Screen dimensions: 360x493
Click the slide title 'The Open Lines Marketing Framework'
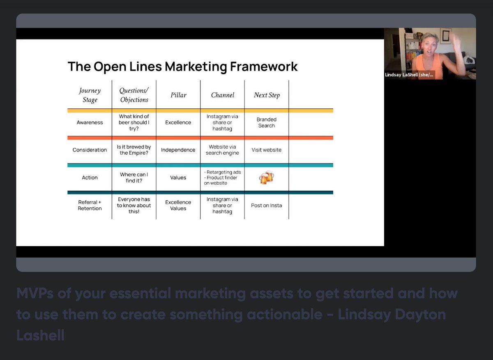[x=182, y=66]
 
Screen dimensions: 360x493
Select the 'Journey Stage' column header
[x=90, y=95]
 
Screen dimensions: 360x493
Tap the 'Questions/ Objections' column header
[x=134, y=95]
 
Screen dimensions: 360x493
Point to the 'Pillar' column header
[x=178, y=95]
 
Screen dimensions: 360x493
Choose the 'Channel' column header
[x=222, y=95]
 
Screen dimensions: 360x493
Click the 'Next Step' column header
[x=267, y=95]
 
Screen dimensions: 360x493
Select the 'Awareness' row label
[x=90, y=122]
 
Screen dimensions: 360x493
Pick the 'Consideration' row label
[x=90, y=150]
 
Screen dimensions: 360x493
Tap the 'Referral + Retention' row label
[x=90, y=205]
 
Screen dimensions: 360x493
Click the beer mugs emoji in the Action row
[x=266, y=178]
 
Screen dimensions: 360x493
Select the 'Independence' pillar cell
[x=178, y=150]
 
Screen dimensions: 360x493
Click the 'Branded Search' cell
[x=267, y=122]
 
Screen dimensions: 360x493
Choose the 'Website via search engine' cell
[x=222, y=150]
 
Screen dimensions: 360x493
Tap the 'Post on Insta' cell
[x=267, y=205]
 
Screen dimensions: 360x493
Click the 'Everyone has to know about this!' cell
[x=134, y=205]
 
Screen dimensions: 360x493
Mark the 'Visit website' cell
[x=267, y=150]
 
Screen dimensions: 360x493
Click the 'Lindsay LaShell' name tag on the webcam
[x=410, y=75]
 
